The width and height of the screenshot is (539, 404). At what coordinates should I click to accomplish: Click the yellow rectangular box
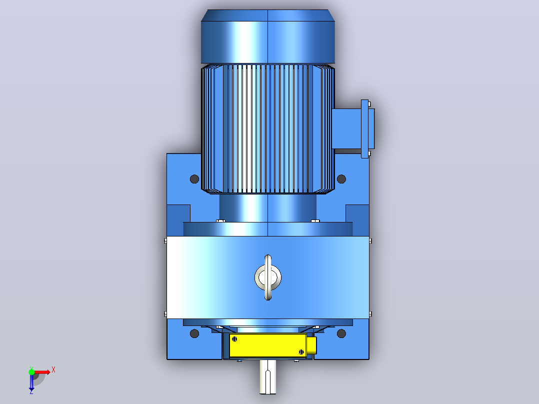pos(268,345)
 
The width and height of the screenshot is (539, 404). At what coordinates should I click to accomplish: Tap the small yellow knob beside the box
pos(311,345)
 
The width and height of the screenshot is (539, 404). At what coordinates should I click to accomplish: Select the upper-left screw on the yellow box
pos(234,339)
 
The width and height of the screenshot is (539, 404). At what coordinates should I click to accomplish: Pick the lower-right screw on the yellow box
pos(301,351)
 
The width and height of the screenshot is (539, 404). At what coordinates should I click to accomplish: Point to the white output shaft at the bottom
pos(268,376)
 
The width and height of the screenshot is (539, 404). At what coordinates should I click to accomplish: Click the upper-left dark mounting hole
pos(194,179)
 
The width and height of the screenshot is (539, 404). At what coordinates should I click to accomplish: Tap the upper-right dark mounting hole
pos(341,179)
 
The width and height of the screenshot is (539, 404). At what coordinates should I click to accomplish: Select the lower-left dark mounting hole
pos(194,333)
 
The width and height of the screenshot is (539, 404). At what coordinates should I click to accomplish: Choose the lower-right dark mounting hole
pos(341,333)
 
